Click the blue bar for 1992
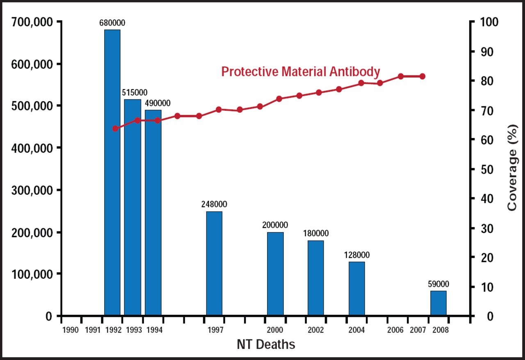(x=112, y=172)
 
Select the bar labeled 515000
(x=132, y=207)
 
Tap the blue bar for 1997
(x=214, y=263)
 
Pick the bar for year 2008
(x=438, y=303)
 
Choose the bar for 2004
(x=357, y=289)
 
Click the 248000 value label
(x=214, y=204)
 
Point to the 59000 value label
(x=438, y=284)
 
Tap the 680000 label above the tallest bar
(x=112, y=23)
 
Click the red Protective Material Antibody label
(x=301, y=72)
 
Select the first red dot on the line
(x=115, y=128)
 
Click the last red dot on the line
(x=422, y=76)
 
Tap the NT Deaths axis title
(x=266, y=344)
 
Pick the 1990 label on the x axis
(x=71, y=330)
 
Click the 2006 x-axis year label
(x=395, y=330)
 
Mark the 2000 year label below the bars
(x=275, y=330)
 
